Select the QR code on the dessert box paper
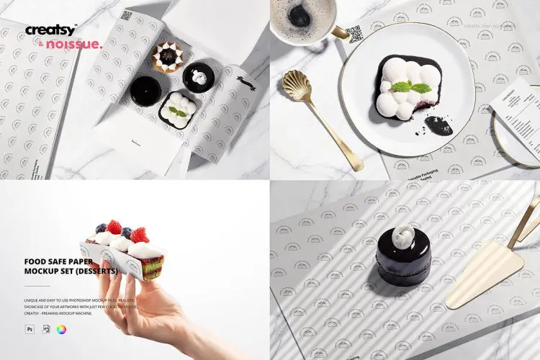[x=126, y=16]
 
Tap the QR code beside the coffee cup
[x=354, y=34]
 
